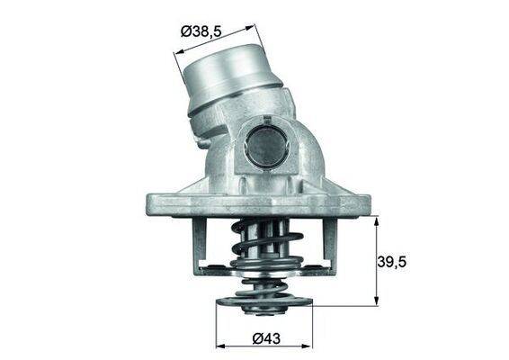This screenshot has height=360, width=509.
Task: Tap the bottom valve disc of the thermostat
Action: point(263,297)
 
